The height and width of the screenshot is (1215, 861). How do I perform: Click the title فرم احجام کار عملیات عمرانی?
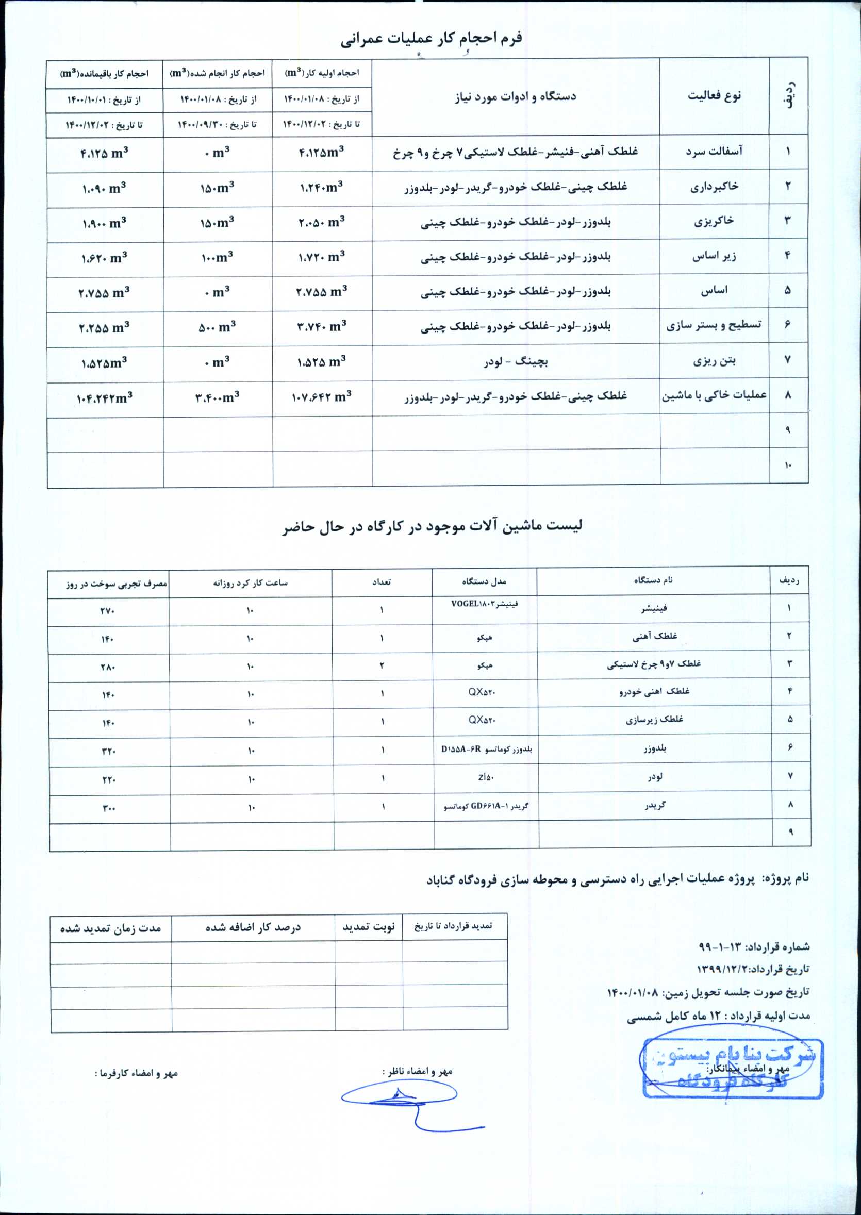(x=430, y=38)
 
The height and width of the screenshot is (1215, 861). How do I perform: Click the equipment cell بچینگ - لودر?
(x=516, y=362)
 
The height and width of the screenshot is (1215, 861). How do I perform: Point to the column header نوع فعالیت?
(x=714, y=96)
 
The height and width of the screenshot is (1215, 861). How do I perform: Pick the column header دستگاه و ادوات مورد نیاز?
(x=516, y=97)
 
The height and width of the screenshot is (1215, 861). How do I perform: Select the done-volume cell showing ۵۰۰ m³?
(x=218, y=327)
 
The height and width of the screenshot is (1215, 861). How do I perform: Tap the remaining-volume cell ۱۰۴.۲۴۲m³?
(x=104, y=398)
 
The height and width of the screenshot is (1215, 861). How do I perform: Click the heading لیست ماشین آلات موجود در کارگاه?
(x=432, y=526)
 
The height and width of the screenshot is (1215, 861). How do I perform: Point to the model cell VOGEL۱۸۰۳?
(x=484, y=603)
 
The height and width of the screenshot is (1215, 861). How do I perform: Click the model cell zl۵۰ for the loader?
(x=484, y=777)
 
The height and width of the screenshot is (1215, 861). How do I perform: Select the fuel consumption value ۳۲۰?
(x=108, y=751)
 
